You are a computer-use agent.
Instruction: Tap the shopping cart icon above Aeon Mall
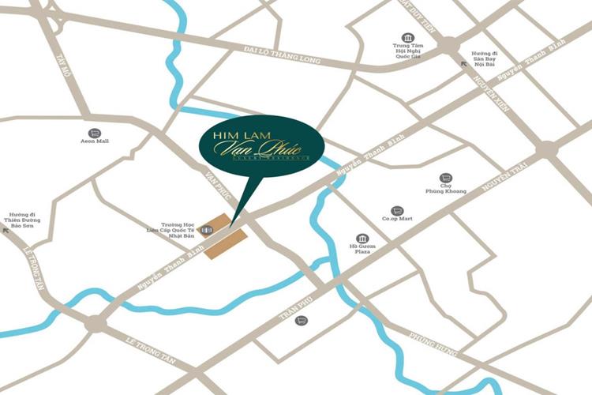(x=95, y=133)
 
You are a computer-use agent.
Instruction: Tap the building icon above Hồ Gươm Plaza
(x=362, y=238)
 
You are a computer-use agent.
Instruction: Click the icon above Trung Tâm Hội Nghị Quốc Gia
(x=407, y=38)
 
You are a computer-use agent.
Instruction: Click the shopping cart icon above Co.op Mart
(x=397, y=211)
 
